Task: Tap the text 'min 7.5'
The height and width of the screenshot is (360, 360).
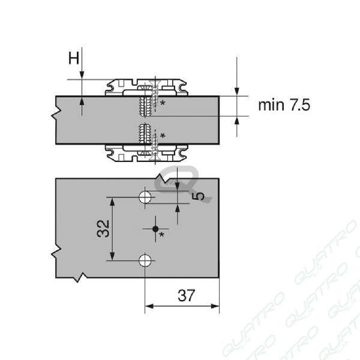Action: pos(284,105)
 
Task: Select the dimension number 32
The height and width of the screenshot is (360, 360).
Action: pos(103,229)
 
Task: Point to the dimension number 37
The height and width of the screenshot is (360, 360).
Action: pos(186,295)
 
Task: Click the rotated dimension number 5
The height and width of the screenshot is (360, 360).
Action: pos(200,196)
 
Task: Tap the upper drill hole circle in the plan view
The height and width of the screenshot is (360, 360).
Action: pos(145,197)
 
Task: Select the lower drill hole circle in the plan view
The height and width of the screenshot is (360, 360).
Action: pos(145,260)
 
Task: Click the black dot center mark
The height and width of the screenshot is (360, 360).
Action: pos(155,229)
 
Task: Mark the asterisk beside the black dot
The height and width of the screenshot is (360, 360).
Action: pos(162,235)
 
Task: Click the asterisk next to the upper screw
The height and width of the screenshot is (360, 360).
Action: pos(163,103)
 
